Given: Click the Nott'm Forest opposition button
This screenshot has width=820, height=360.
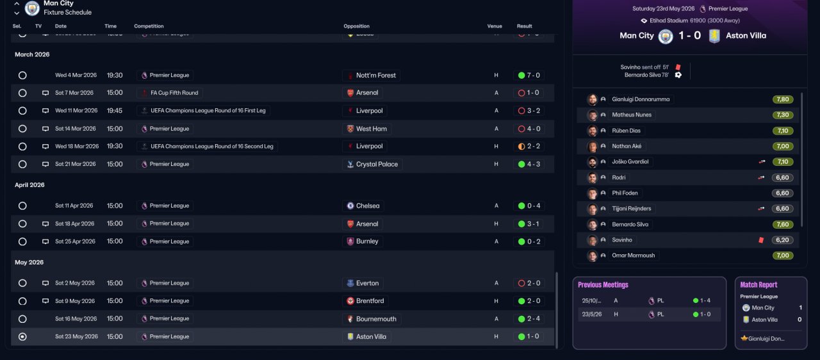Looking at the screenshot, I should [x=371, y=76].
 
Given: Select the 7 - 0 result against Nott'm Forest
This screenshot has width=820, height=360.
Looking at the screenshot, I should [x=529, y=76].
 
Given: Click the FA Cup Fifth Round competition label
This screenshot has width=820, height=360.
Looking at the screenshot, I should [x=170, y=93].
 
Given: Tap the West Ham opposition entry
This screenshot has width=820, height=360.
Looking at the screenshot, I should [x=366, y=129].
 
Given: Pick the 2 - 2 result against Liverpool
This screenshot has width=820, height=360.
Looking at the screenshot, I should [x=529, y=147].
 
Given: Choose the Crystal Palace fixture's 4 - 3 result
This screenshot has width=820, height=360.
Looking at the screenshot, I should [x=529, y=165].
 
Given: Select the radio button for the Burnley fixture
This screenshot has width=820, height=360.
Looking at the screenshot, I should [x=22, y=242].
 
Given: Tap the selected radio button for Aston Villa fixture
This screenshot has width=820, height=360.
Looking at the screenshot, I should [x=22, y=337].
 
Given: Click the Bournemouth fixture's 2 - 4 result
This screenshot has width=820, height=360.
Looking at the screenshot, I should [x=529, y=319].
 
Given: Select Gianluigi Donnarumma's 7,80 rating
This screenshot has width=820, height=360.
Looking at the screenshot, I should [x=783, y=99].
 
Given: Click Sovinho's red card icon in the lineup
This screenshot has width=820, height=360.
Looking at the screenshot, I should [x=761, y=240].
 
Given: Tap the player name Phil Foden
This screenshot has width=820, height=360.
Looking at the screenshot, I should [x=625, y=193].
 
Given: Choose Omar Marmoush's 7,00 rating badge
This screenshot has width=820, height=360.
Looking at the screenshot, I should [x=783, y=256].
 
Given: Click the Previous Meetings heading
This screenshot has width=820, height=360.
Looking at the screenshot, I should [x=603, y=285].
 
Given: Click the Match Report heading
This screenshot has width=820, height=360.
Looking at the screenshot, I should [x=758, y=285].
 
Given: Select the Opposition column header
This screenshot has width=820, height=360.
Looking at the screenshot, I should [x=356, y=26].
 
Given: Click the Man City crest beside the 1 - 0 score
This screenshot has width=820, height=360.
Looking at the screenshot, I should [x=666, y=37].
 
